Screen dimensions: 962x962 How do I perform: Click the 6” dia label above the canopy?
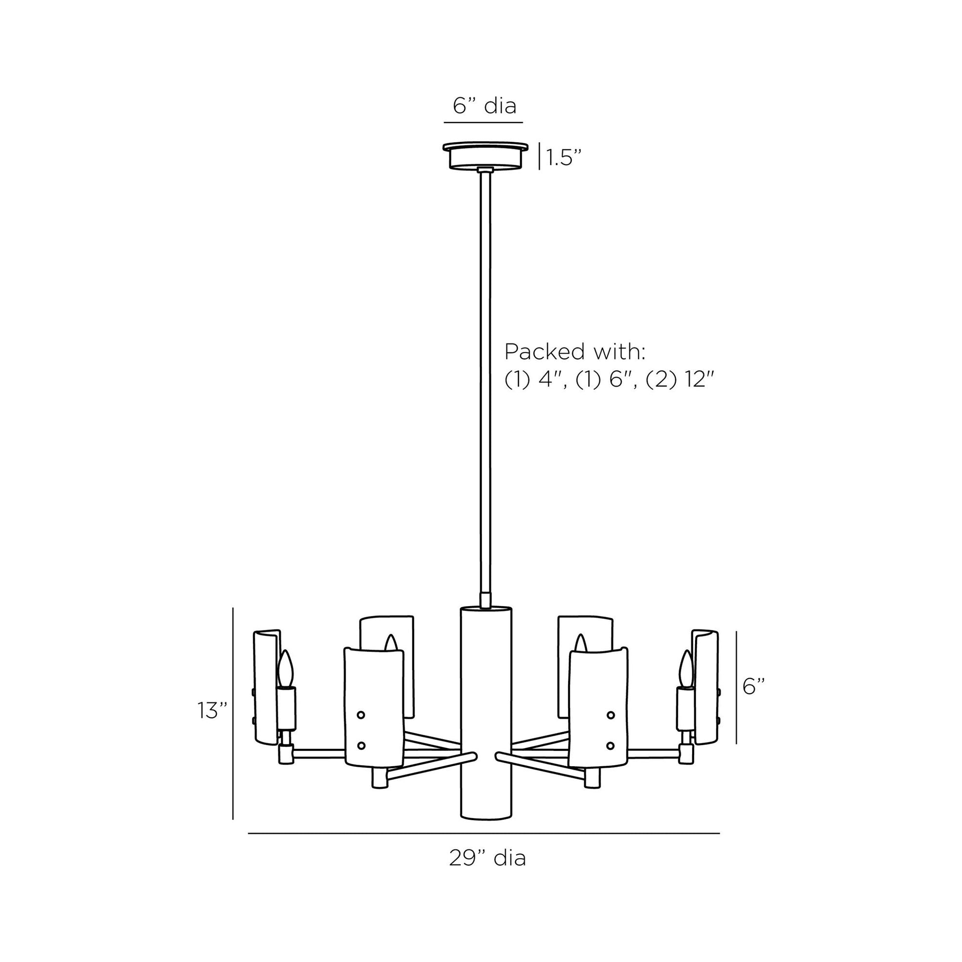[484, 106]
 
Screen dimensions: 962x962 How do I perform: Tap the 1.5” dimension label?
[564, 158]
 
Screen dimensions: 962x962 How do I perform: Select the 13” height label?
[212, 710]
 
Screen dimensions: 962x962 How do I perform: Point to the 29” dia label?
[487, 858]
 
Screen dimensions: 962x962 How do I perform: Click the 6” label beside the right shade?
[753, 686]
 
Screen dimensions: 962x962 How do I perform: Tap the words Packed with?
[575, 351]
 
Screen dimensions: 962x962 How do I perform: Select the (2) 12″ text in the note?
[680, 381]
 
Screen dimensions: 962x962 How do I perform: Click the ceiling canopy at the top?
[485, 156]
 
